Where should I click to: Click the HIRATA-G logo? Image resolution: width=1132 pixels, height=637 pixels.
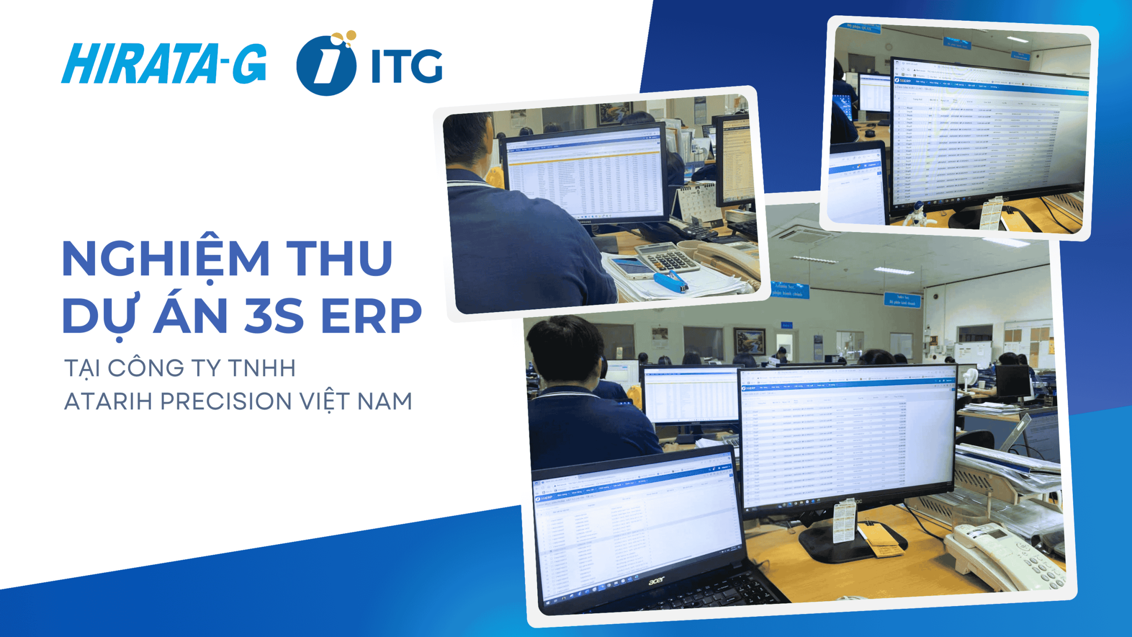[x=164, y=63]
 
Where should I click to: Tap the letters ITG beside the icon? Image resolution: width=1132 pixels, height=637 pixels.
[x=406, y=66]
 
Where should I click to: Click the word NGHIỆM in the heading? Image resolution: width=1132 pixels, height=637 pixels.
[x=166, y=259]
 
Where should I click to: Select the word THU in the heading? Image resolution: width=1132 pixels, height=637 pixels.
[x=339, y=259]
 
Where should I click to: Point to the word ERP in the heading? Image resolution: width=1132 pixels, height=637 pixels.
[x=371, y=315]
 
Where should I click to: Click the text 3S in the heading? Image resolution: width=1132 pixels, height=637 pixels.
[x=274, y=315]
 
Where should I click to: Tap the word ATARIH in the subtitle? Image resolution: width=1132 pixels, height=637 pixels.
[x=109, y=401]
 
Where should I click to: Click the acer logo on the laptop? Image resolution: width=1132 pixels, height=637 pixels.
[x=657, y=580]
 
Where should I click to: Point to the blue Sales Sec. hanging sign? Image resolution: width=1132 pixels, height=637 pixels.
[x=902, y=299]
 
